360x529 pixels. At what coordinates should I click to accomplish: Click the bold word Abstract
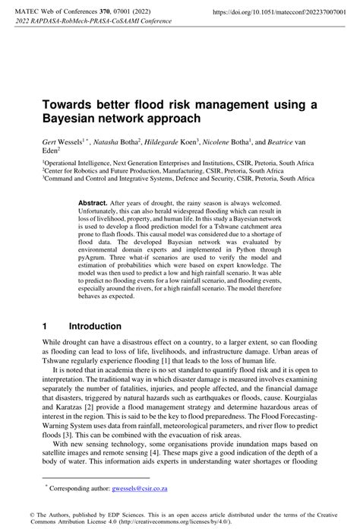(93, 204)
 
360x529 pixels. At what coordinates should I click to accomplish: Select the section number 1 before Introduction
(46, 326)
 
